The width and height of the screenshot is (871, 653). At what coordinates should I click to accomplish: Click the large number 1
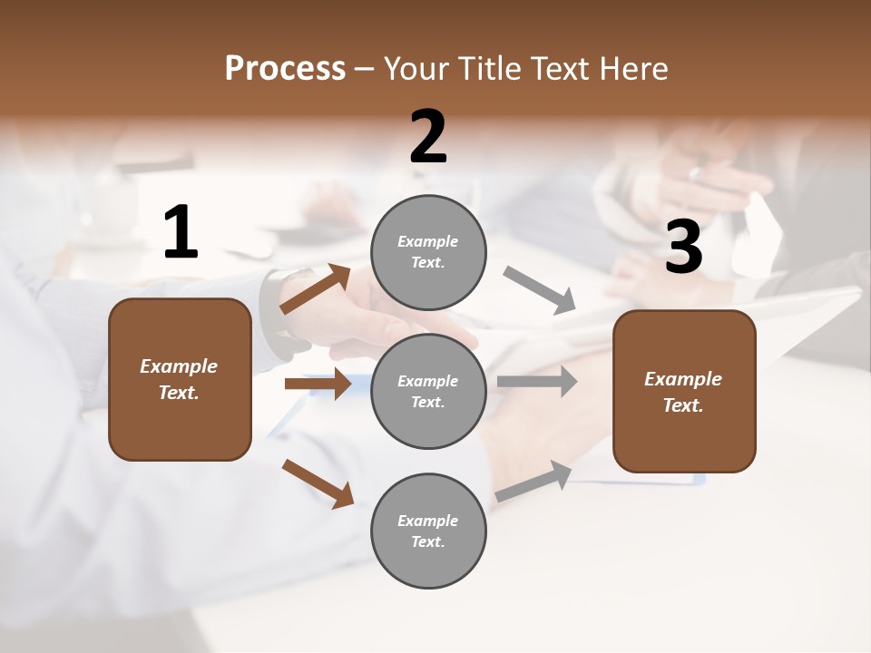pos(181,232)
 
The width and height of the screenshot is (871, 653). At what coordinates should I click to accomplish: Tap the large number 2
pos(428,137)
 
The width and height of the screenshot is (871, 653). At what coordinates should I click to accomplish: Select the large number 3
pos(683,248)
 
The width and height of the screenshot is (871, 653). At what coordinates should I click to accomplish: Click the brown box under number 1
pos(180,379)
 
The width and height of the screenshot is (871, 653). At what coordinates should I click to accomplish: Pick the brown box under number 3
pos(684,391)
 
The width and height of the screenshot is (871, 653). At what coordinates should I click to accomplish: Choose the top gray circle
pos(428,252)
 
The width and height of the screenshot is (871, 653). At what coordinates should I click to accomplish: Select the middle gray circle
pos(428,392)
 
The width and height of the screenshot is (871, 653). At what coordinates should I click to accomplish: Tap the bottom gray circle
pos(428,531)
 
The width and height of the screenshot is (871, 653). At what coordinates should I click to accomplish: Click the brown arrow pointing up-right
pos(316,289)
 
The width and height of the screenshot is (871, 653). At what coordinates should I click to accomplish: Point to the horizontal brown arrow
pos(318,384)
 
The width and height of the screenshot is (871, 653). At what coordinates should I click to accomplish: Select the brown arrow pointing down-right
pos(318,482)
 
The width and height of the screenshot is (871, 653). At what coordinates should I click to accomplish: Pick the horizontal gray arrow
pos(537,382)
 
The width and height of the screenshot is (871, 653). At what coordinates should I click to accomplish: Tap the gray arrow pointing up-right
pos(533,481)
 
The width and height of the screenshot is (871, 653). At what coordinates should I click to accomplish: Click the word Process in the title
pos(285,68)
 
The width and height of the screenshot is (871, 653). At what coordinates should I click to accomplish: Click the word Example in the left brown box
pos(179,366)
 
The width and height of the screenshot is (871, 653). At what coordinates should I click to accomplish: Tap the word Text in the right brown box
pos(681,405)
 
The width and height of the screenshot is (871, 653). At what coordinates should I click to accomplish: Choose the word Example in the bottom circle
pos(427,521)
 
